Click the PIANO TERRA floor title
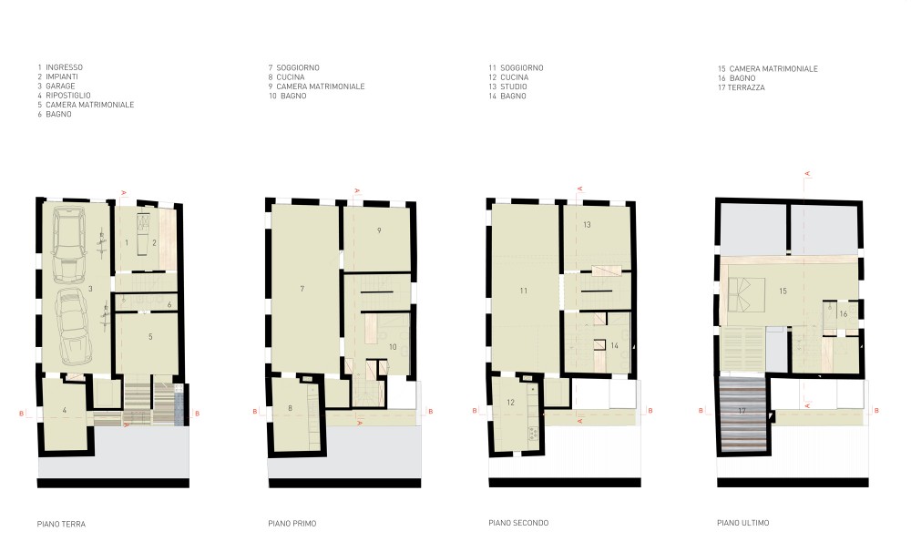tap(61, 524)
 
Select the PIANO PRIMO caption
tap(292, 523)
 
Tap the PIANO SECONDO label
tap(518, 522)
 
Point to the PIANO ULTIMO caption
tap(743, 522)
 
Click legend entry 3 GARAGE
tap(56, 86)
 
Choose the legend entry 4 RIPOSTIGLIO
tap(65, 96)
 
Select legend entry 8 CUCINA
tap(286, 77)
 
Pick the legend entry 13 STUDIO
tap(507, 87)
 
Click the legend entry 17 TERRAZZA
tap(742, 87)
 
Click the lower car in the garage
tap(73, 328)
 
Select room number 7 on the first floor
tap(302, 288)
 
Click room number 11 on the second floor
tap(524, 291)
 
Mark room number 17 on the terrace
tap(742, 411)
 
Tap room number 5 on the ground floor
tap(150, 336)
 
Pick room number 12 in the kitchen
tap(511, 402)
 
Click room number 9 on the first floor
tap(379, 230)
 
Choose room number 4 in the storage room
tap(65, 410)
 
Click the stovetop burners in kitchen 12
tap(533, 434)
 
